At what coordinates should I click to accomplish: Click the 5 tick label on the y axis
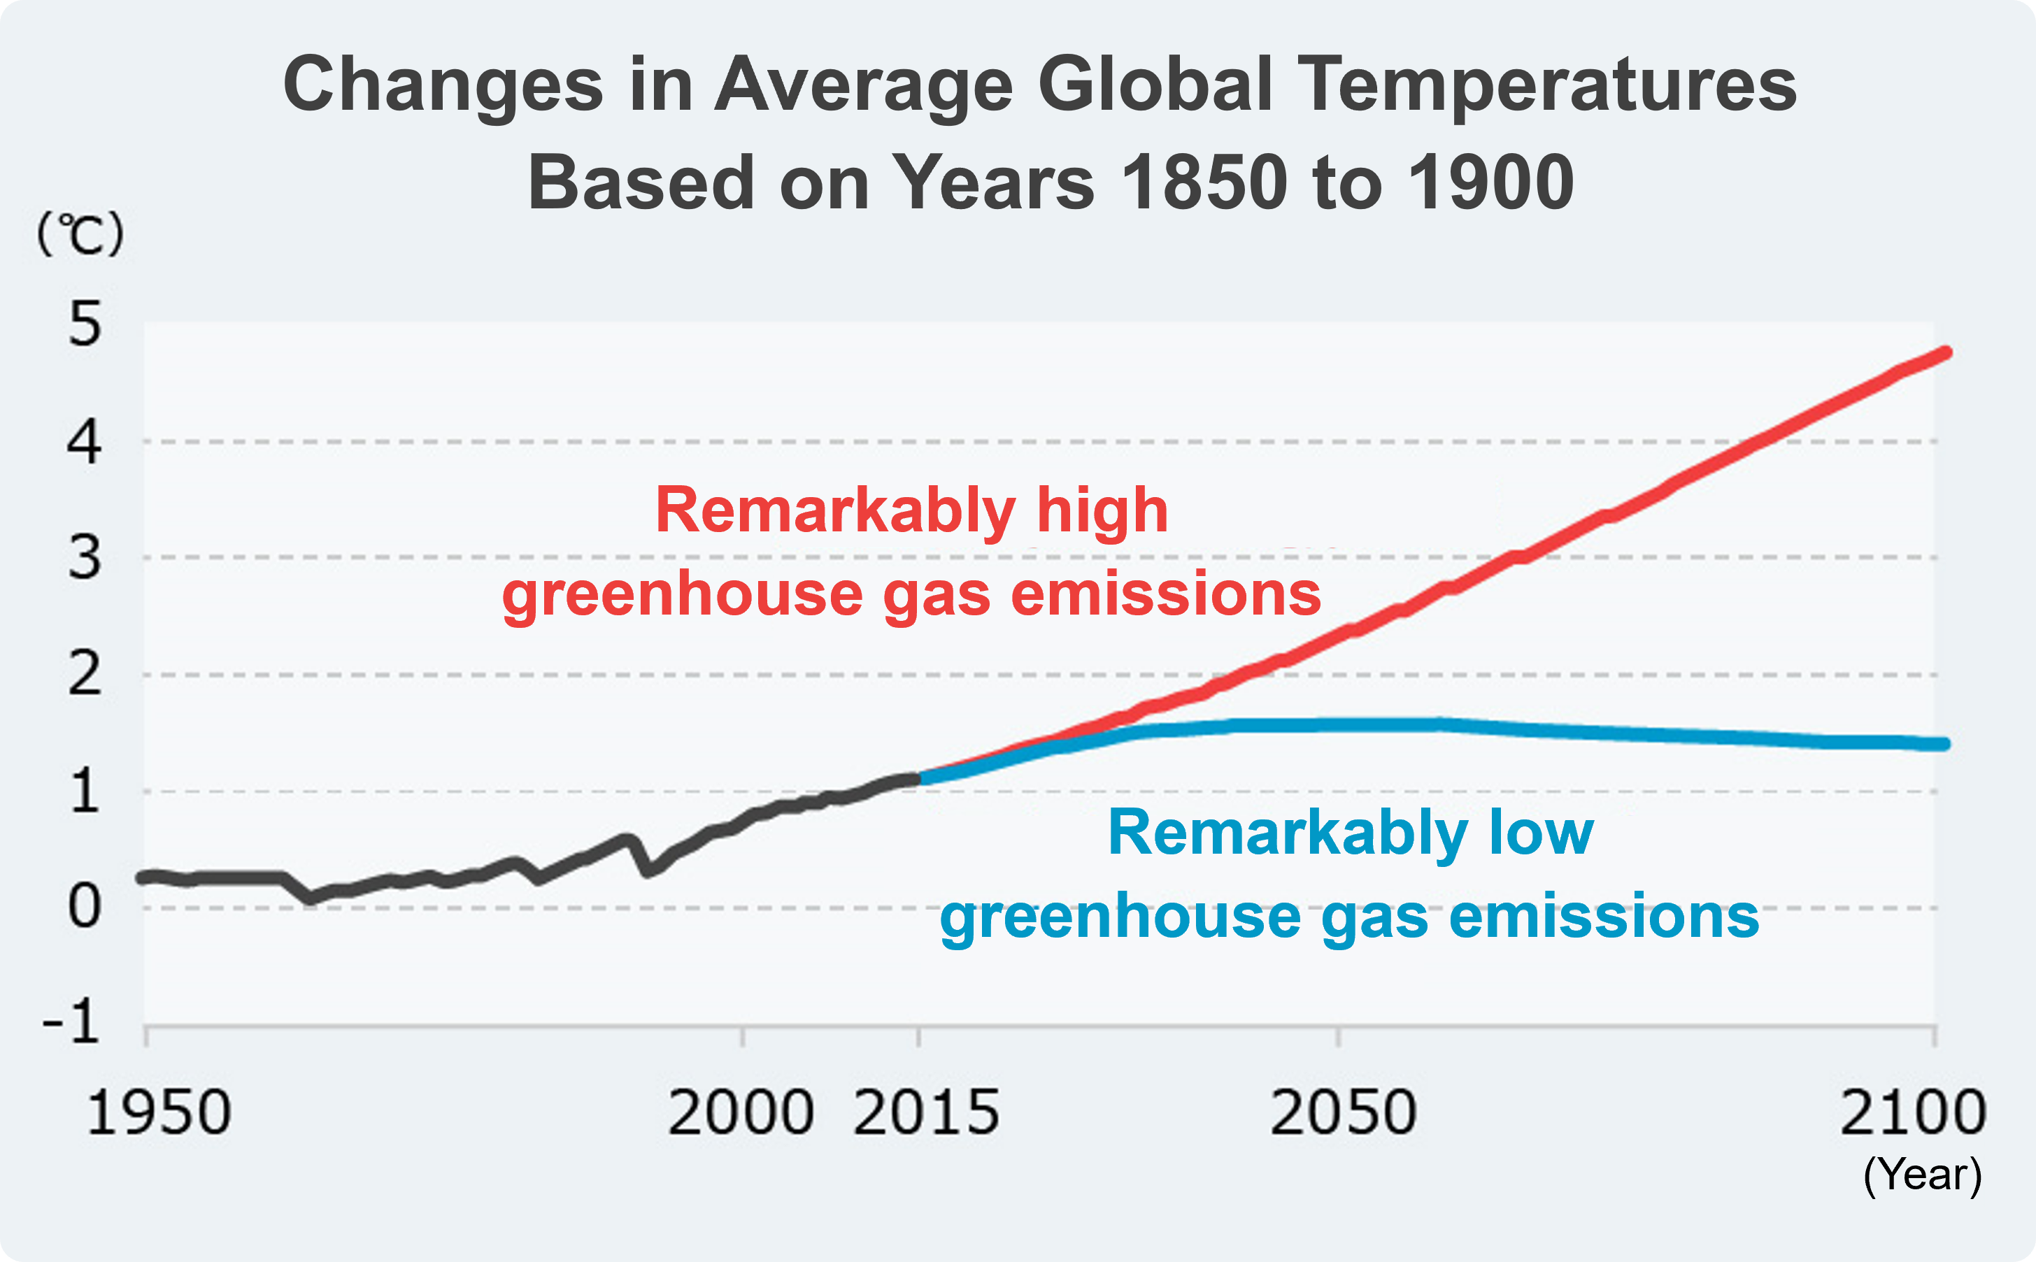(85, 324)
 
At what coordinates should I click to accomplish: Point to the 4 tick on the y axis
(85, 443)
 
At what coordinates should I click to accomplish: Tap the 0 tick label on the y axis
(85, 906)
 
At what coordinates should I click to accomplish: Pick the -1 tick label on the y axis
(72, 1022)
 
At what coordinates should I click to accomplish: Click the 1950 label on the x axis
(159, 1112)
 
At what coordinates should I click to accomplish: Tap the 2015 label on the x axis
(927, 1112)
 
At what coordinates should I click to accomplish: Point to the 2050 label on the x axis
(1343, 1112)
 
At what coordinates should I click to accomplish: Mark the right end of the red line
(1945, 353)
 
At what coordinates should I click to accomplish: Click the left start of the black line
(143, 877)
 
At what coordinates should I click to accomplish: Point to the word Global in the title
(1155, 85)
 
